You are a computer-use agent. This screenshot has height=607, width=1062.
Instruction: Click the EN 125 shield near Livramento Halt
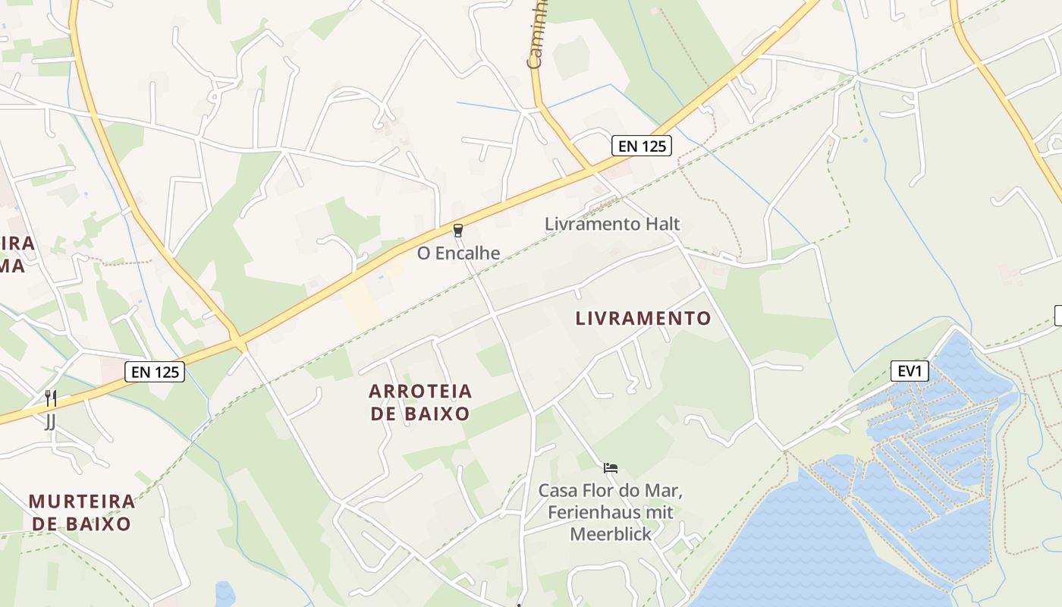click(x=642, y=146)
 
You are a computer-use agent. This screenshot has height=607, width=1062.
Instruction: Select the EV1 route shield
click(x=910, y=371)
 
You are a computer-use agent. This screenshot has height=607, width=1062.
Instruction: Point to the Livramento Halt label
click(x=612, y=224)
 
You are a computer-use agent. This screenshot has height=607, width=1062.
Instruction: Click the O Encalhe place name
click(x=458, y=253)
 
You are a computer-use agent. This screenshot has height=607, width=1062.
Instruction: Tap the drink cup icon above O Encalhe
click(x=458, y=230)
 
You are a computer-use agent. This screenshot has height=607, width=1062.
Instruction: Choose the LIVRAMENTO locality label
click(x=643, y=318)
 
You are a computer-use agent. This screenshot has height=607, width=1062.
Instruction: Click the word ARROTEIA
click(x=420, y=392)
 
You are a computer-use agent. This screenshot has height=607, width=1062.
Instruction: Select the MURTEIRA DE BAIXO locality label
click(x=81, y=512)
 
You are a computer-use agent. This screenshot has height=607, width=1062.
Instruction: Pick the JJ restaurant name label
click(x=50, y=420)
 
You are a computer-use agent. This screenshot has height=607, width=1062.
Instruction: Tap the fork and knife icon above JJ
click(x=50, y=398)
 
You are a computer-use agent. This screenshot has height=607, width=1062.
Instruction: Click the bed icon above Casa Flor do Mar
click(x=611, y=467)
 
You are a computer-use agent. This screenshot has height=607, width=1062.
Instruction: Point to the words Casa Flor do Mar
click(x=610, y=490)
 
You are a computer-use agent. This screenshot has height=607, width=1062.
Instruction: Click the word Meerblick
click(x=610, y=534)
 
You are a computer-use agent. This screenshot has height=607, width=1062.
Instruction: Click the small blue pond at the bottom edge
click(x=225, y=594)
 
